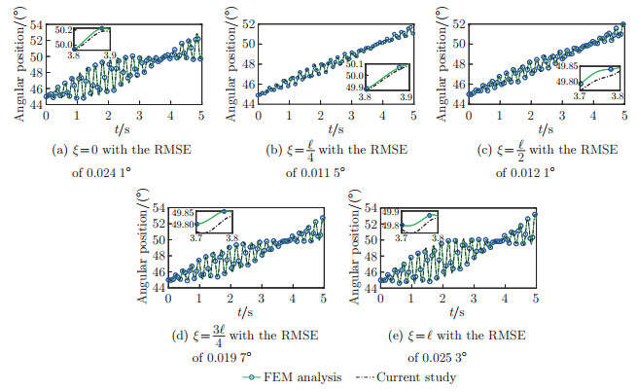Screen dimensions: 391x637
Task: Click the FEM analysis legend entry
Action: pos(291,376)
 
